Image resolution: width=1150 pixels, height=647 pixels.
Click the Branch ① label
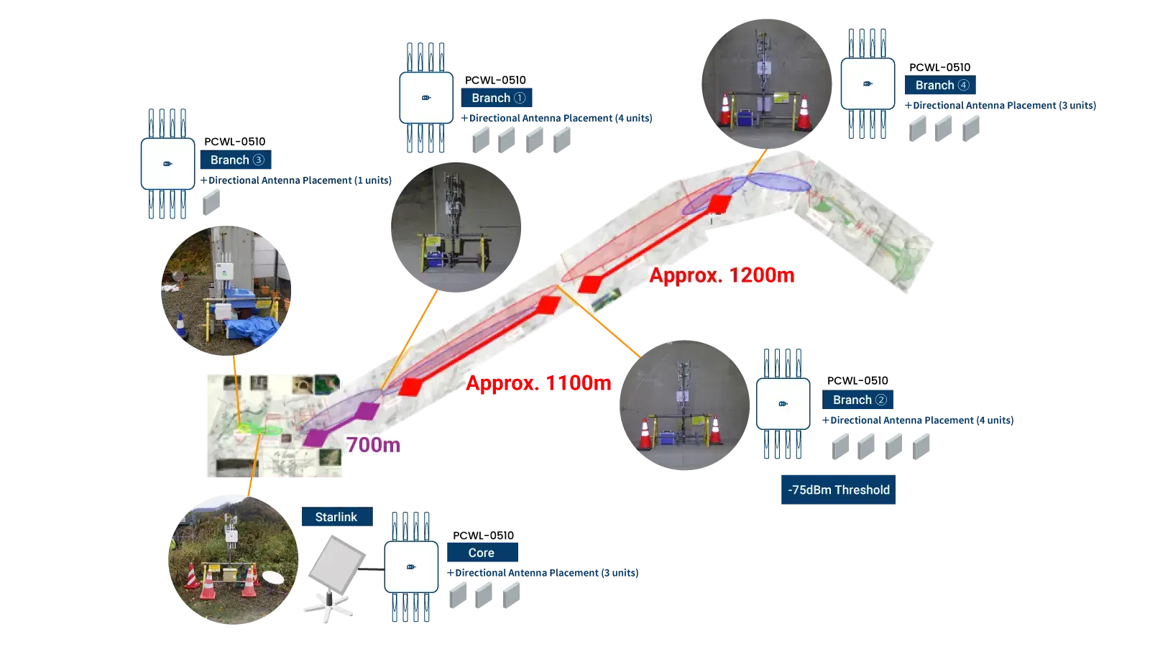click(x=497, y=98)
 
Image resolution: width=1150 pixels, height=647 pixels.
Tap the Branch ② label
click(x=859, y=400)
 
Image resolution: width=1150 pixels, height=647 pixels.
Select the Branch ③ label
click(x=236, y=160)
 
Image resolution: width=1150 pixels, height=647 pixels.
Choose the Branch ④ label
click(x=941, y=85)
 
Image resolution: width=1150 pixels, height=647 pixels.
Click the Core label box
click(x=482, y=553)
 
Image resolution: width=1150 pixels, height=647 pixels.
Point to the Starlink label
click(x=336, y=517)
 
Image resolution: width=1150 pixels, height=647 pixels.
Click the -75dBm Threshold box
click(x=837, y=490)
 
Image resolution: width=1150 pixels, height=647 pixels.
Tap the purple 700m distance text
click(x=373, y=445)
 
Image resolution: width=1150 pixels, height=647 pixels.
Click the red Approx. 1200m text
click(x=722, y=275)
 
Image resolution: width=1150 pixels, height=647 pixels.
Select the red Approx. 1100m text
click(x=539, y=382)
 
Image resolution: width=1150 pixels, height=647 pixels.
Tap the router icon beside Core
click(x=411, y=567)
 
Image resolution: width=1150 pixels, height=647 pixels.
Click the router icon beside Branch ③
click(x=167, y=163)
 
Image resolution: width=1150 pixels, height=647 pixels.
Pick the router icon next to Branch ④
click(x=868, y=84)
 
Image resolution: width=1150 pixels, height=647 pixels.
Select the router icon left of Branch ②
click(x=783, y=404)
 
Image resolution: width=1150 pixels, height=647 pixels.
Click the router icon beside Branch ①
click(x=426, y=98)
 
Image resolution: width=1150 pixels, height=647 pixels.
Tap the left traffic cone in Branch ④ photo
click(x=725, y=111)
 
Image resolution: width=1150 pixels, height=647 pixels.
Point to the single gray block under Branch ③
click(x=213, y=201)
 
